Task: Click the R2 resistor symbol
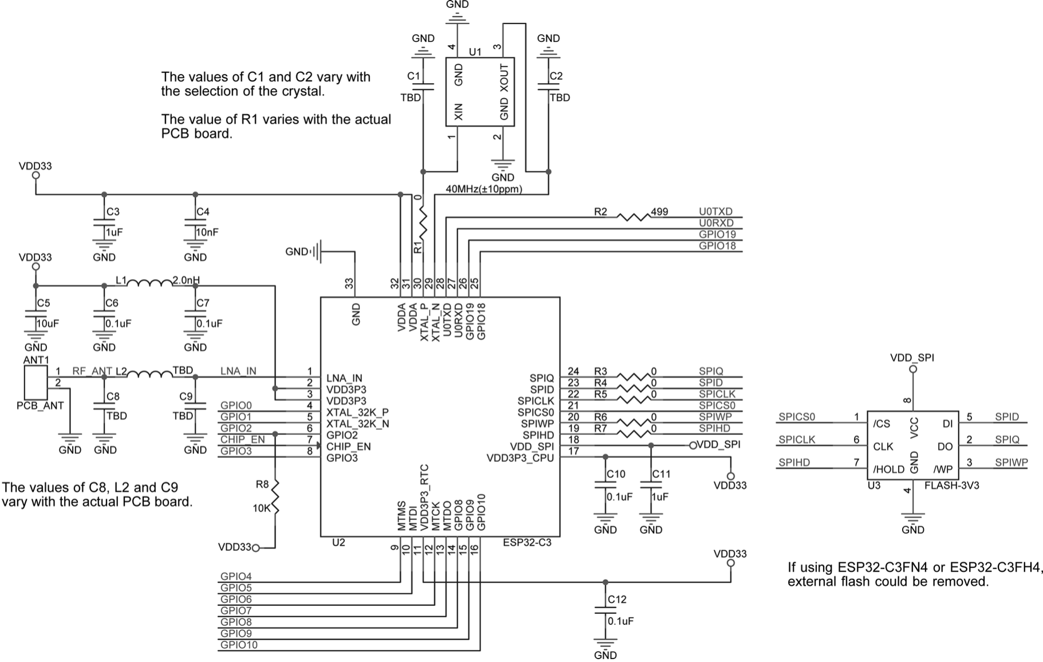pyautogui.click(x=633, y=217)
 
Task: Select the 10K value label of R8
pyautogui.click(x=261, y=508)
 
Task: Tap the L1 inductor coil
pyautogui.click(x=149, y=282)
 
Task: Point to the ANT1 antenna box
pyautogui.click(x=36, y=382)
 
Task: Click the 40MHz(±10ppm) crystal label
pyautogui.click(x=484, y=189)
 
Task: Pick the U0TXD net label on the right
pyautogui.click(x=715, y=211)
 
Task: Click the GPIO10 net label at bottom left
pyautogui.click(x=239, y=645)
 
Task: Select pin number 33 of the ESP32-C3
pyautogui.click(x=349, y=284)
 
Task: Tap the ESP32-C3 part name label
pyautogui.click(x=527, y=542)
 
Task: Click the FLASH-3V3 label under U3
pyautogui.click(x=952, y=485)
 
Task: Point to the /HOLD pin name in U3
pyautogui.click(x=889, y=469)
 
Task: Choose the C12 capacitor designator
pyautogui.click(x=617, y=600)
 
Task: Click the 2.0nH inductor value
pyautogui.click(x=186, y=280)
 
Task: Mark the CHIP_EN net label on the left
pyautogui.click(x=242, y=440)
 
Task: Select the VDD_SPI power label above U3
pyautogui.click(x=912, y=358)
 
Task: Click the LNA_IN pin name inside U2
pyautogui.click(x=344, y=378)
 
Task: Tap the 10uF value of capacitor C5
pyautogui.click(x=48, y=323)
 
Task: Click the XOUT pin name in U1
pyautogui.click(x=504, y=79)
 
